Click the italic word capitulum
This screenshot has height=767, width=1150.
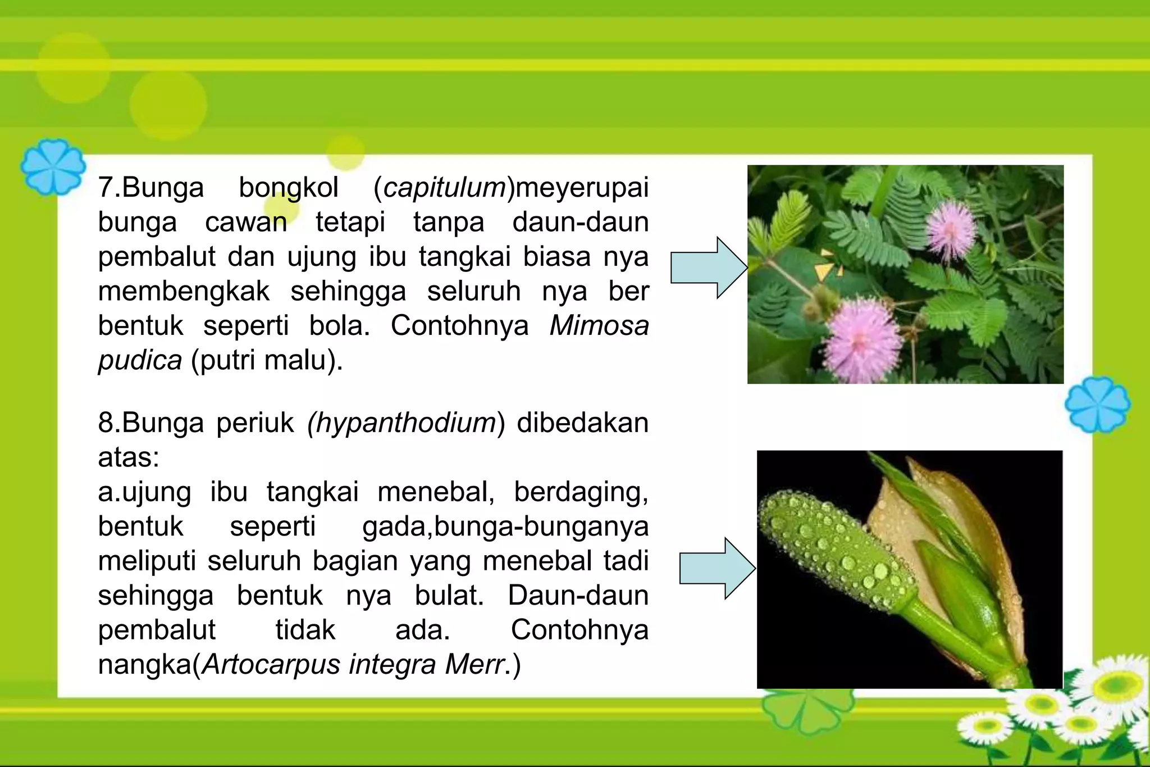[x=445, y=188]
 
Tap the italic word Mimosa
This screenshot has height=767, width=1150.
[x=599, y=326]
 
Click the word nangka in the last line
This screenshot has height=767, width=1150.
[x=144, y=665]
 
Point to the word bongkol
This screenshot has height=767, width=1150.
[x=289, y=188]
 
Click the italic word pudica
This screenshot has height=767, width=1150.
[x=140, y=360]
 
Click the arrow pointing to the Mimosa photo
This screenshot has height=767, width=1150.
[x=709, y=267]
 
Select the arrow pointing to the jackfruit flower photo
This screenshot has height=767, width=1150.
[x=717, y=568]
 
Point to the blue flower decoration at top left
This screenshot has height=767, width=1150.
[x=53, y=167]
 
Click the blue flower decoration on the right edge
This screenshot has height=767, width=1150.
[x=1097, y=405]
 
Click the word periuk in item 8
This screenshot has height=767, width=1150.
[x=255, y=423]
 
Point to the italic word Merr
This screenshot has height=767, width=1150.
[x=474, y=665]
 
